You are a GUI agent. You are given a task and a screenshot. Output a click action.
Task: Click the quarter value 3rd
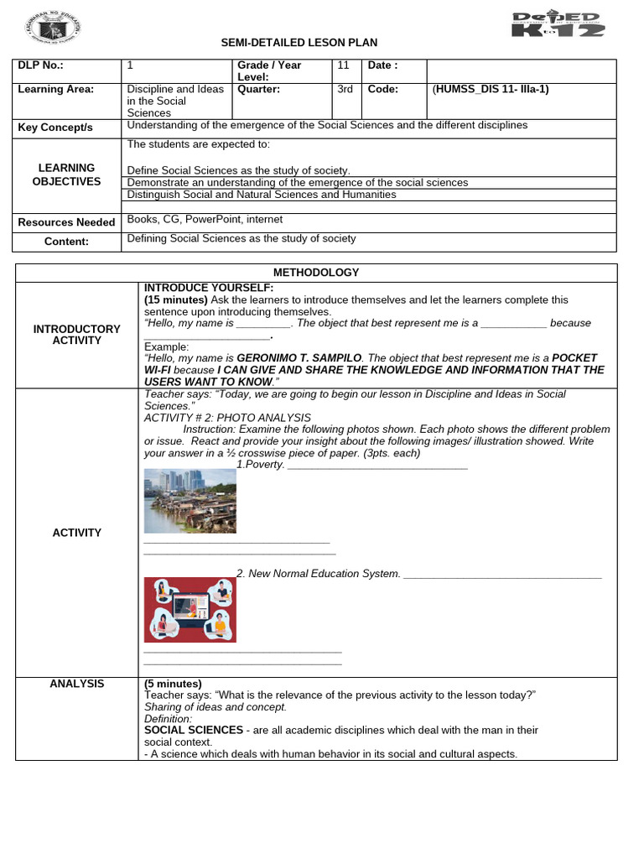coord(345,90)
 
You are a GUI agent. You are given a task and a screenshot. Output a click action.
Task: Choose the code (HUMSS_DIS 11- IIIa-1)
coord(491,90)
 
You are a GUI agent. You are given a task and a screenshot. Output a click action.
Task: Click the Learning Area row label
coord(55,90)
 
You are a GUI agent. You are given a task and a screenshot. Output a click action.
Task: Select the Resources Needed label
coord(66,222)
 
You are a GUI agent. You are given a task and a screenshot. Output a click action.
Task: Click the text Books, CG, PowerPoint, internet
coord(205,220)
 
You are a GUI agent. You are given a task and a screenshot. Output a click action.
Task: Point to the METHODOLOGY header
coord(316,273)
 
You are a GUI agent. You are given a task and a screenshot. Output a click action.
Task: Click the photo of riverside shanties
coord(190,501)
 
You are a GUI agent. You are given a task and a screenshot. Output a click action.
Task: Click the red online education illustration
coord(190,610)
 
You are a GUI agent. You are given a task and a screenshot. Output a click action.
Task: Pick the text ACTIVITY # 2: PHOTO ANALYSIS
coord(227,418)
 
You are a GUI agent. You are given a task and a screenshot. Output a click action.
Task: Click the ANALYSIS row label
coord(76,685)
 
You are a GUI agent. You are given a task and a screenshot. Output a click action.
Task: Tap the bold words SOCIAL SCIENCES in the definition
coord(193,731)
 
